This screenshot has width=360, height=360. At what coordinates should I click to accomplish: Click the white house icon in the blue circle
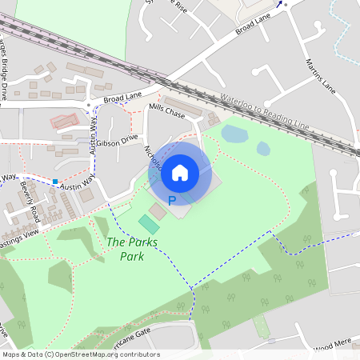coord(180,172)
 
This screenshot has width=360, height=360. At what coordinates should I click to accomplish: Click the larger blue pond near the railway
coord(234,134)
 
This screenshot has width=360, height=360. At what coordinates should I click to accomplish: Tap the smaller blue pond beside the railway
coord(263,148)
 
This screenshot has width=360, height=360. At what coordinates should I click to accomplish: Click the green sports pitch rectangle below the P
coord(149,225)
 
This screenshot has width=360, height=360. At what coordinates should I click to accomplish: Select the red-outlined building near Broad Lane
coord(65,122)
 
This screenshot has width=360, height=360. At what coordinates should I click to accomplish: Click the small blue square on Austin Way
coord(55,182)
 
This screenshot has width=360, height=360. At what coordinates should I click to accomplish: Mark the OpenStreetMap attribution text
coord(81,354)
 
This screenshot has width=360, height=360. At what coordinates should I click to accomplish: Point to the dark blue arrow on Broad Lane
coord(280,4)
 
